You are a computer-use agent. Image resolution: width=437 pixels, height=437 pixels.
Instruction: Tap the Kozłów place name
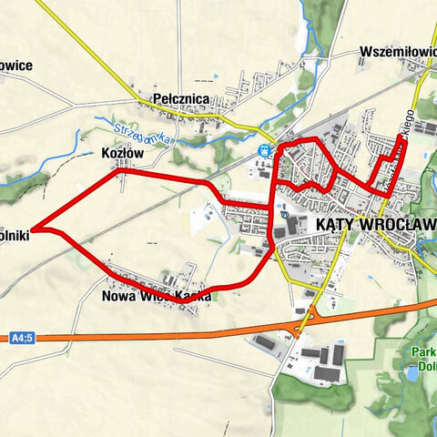tap(124, 154)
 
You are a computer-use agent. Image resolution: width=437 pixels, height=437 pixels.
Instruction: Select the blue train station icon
tap(264, 150)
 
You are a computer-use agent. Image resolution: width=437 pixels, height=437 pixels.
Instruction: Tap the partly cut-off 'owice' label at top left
tap(16, 65)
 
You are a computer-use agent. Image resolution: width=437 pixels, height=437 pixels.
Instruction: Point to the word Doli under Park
tap(422, 371)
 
